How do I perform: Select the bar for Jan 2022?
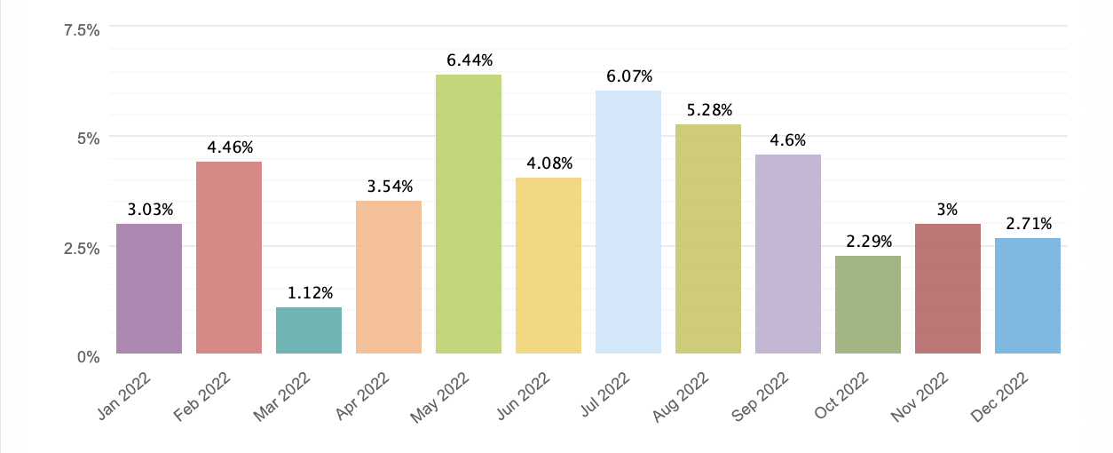click(x=149, y=289)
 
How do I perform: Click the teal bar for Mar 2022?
click(x=309, y=330)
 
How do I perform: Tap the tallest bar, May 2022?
click(x=469, y=214)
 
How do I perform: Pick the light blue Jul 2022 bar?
click(x=628, y=222)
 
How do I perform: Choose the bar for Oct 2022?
click(x=868, y=305)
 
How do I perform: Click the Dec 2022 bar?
click(x=1028, y=296)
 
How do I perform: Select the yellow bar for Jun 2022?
click(x=549, y=266)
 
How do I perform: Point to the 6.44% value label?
click(x=469, y=61)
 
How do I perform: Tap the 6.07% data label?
click(x=628, y=76)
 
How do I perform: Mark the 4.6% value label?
click(x=788, y=140)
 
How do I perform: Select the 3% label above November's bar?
click(x=948, y=210)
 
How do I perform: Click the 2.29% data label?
click(x=868, y=242)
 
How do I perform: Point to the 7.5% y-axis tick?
click(x=82, y=30)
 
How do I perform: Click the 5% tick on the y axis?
click(x=88, y=139)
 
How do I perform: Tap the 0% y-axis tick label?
click(x=88, y=357)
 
